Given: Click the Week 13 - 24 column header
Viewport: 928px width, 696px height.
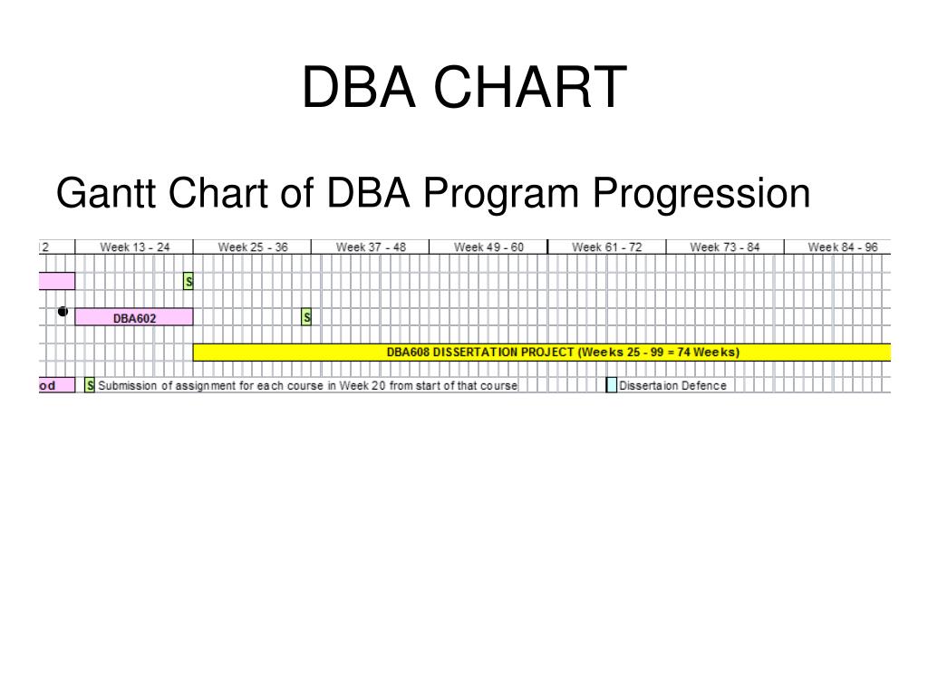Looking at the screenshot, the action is [x=134, y=246].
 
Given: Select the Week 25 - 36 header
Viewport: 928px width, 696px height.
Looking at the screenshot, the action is [x=252, y=246].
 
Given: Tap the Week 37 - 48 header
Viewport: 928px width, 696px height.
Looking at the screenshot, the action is [x=370, y=246].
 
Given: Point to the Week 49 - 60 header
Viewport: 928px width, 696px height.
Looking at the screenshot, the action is [x=488, y=246].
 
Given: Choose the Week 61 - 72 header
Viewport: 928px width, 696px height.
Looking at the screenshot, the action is [x=606, y=246].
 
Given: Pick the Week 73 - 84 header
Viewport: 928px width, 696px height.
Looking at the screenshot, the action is [x=724, y=246].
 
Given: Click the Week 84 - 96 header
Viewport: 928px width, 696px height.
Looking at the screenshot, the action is [x=842, y=246].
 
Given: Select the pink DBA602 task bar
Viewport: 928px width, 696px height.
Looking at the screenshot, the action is [x=134, y=317].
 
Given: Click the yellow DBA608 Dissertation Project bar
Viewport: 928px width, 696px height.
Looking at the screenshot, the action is [x=562, y=353].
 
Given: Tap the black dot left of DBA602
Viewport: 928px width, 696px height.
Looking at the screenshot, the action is [x=63, y=312].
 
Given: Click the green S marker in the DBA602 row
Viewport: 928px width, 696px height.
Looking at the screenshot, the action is [x=306, y=317].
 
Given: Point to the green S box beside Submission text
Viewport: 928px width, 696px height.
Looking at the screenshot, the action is [x=90, y=385].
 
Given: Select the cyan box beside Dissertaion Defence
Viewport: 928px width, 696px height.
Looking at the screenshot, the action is [x=612, y=385].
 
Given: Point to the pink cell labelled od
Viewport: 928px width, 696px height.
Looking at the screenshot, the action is [x=56, y=385].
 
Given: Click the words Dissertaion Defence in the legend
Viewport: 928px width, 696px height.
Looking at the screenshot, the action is [x=672, y=385].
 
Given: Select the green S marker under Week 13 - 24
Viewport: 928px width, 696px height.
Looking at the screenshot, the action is [x=188, y=282].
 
